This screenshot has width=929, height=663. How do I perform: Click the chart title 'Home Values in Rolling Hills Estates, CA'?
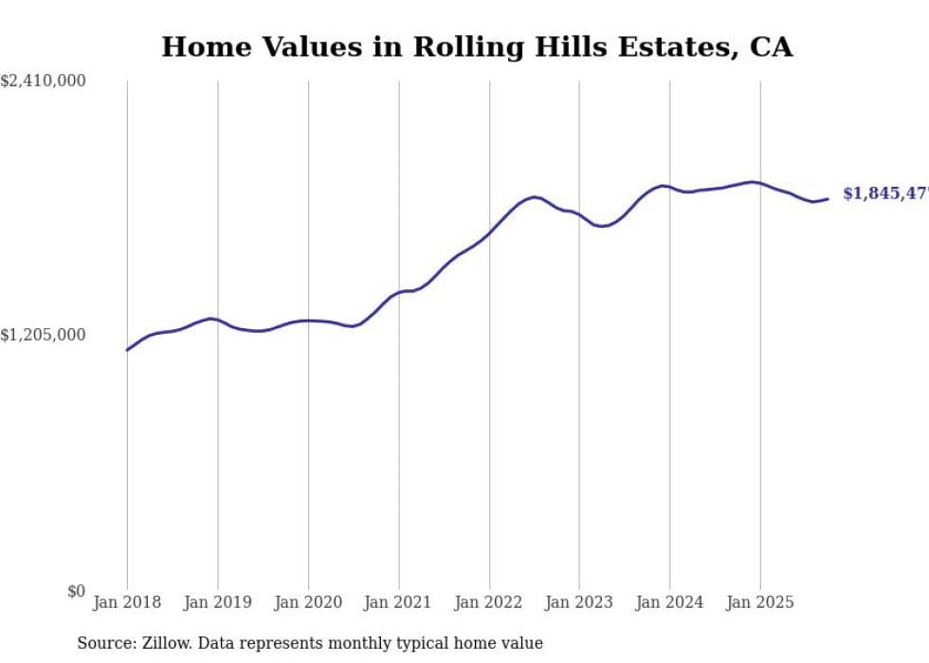click(477, 46)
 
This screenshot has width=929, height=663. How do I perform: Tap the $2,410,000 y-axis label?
click(44, 82)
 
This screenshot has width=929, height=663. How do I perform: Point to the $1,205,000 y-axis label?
click(44, 335)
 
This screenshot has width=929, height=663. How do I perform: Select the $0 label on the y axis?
click(76, 591)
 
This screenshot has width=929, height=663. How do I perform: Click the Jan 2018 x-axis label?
click(127, 602)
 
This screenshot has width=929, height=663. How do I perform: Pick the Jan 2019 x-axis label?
click(218, 602)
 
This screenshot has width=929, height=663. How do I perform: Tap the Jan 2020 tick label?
click(308, 602)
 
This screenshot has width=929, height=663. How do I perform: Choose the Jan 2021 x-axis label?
click(398, 602)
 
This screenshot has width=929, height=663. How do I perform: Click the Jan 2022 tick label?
click(489, 602)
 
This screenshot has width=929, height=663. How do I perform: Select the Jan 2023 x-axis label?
click(579, 602)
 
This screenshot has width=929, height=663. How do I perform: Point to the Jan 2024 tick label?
click(670, 602)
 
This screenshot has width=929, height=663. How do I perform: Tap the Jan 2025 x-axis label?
click(760, 602)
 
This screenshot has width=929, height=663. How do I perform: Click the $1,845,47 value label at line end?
click(884, 193)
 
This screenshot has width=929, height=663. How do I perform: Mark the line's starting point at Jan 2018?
click(127, 350)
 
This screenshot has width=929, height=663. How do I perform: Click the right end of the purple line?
click(828, 198)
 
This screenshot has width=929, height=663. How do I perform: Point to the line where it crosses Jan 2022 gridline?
click(489, 232)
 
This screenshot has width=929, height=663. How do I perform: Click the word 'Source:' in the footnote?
click(105, 643)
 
